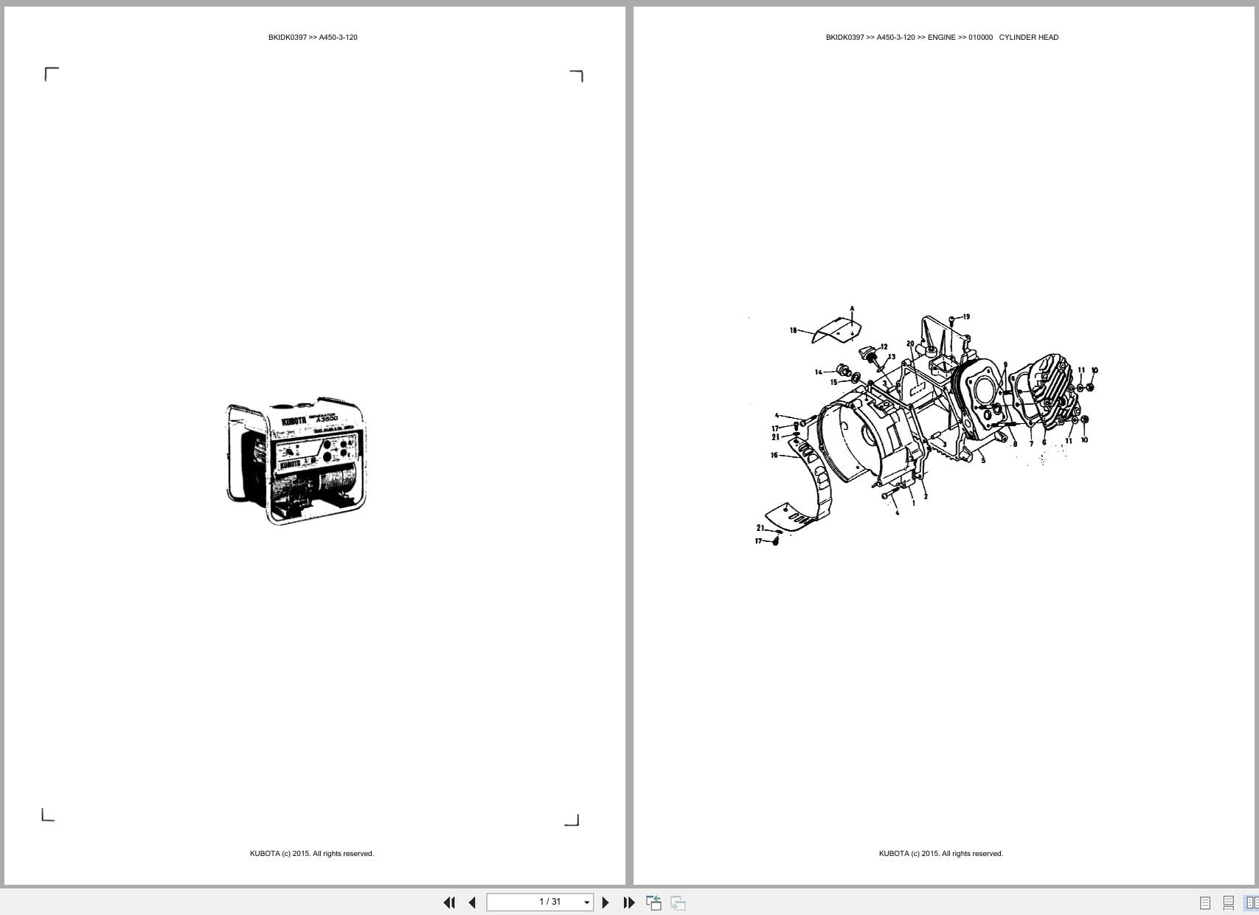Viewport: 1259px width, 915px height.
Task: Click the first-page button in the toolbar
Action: (x=448, y=902)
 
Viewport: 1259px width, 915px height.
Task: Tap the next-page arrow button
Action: (x=606, y=902)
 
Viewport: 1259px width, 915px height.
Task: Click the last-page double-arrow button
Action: (x=628, y=902)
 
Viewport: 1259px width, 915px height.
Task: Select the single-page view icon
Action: (x=1205, y=902)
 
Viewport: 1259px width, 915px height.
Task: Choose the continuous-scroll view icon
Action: (x=1228, y=902)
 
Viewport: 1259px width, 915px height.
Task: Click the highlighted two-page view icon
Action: (x=1251, y=902)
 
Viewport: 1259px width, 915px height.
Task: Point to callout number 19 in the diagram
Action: (x=966, y=317)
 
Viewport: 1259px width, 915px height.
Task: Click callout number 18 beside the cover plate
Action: (x=794, y=330)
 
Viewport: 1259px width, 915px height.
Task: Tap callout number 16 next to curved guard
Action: (x=774, y=456)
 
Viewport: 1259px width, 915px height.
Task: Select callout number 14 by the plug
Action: (x=819, y=372)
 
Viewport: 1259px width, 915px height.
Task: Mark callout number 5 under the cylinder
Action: (x=983, y=461)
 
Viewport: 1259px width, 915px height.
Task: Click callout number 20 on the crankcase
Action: (x=910, y=344)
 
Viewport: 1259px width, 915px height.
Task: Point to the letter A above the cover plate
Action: (x=852, y=309)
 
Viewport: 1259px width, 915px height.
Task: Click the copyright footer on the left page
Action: (x=311, y=854)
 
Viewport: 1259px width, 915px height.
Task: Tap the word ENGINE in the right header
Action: (x=941, y=38)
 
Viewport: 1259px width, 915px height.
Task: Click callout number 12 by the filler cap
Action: (x=884, y=347)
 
